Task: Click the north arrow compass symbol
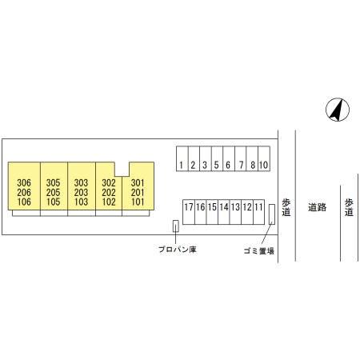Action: point(338,110)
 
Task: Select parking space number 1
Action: point(182,158)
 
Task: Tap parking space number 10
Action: point(264,158)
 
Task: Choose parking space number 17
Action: point(189,212)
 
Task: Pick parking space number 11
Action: point(258,212)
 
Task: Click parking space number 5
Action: point(217,158)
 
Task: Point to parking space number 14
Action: point(224,212)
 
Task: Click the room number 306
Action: point(24,183)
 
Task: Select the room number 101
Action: point(138,202)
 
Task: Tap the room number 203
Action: point(81,192)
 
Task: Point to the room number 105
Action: point(54,202)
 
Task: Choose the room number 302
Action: point(109,183)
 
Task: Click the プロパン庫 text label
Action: point(178,250)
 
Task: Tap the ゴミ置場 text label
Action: point(259,251)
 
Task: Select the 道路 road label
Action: point(318,207)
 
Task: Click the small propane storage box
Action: point(176,226)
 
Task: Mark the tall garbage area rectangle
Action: point(272,214)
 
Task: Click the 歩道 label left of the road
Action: point(286,207)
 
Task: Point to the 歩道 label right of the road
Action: point(349,207)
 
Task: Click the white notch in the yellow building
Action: point(122,169)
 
